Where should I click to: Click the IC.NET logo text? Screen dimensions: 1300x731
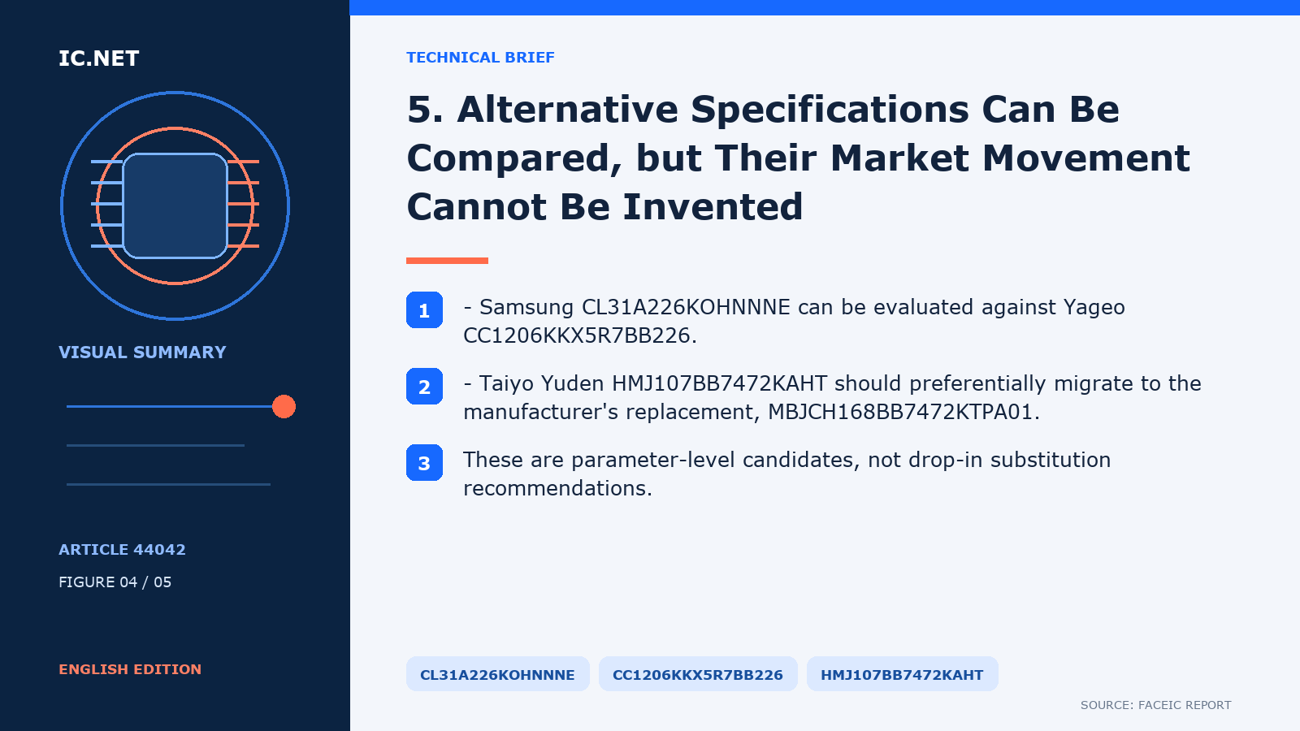click(98, 58)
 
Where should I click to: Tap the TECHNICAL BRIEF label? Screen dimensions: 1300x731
click(480, 58)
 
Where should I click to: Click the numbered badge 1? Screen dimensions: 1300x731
click(424, 309)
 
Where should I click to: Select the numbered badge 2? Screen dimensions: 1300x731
click(424, 387)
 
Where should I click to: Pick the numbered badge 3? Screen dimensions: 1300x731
click(424, 462)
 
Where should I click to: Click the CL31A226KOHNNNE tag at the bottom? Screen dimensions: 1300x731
click(497, 674)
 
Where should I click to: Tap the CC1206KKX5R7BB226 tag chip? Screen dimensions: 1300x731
click(698, 674)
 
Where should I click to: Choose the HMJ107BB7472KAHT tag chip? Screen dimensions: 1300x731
click(902, 674)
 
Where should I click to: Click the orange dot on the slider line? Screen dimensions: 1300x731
click(284, 407)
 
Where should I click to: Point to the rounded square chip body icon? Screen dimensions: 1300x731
click(175, 205)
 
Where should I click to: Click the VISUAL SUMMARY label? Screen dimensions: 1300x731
click(142, 353)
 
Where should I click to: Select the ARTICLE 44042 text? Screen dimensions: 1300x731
click(122, 549)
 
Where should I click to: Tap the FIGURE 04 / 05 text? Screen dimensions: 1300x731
click(115, 582)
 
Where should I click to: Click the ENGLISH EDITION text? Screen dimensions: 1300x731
click(130, 669)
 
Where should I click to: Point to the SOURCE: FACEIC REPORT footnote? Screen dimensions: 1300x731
click(1155, 705)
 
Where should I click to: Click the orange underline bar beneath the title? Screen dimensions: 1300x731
click(447, 261)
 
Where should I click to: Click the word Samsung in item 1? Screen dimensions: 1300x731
click(526, 308)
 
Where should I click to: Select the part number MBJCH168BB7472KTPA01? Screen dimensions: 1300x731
click(901, 412)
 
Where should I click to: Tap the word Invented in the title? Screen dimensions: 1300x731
click(713, 206)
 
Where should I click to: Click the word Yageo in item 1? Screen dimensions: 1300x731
click(1094, 308)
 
